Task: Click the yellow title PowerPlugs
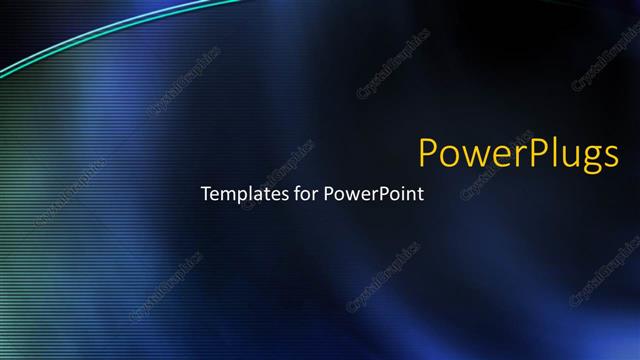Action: [518, 154]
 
